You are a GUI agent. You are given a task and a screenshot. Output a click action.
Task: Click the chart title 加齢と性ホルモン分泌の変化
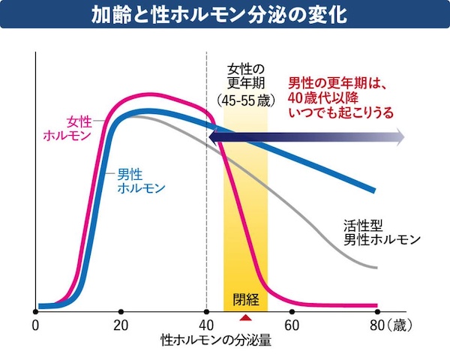225,15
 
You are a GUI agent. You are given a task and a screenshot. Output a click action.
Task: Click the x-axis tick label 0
35,325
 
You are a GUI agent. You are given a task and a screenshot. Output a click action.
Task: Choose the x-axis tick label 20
121,325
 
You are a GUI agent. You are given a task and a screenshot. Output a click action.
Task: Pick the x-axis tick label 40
205,325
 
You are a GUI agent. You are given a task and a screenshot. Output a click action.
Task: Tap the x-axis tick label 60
291,325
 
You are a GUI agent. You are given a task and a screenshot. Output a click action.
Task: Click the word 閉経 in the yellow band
245,300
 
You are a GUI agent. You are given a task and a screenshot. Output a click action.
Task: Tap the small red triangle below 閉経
243,318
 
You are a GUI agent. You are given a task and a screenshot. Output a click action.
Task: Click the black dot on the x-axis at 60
291,310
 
